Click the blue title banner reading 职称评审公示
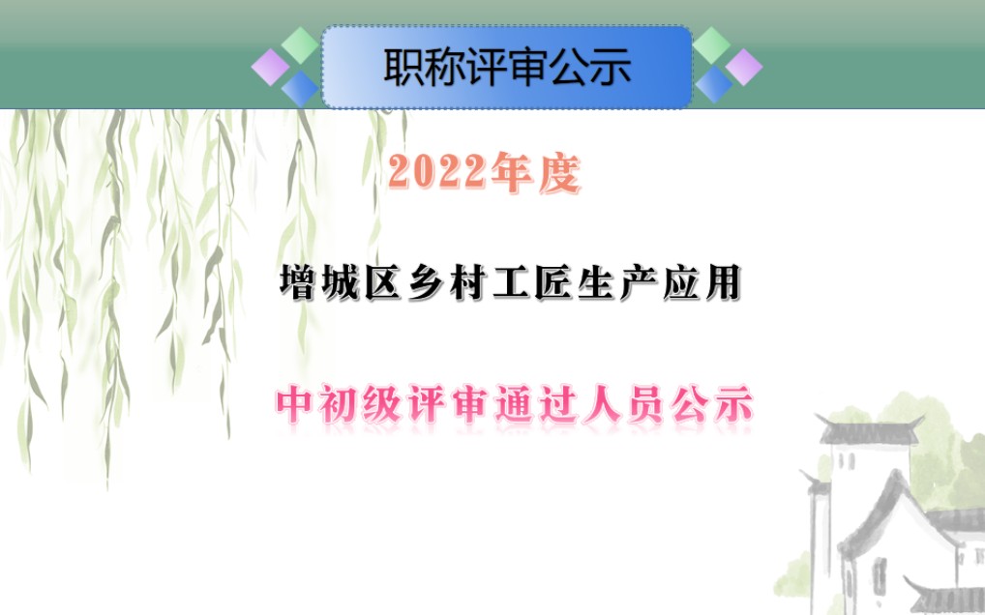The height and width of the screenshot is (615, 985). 507,67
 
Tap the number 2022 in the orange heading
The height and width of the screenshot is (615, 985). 435,173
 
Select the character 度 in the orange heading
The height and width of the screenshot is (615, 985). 558,174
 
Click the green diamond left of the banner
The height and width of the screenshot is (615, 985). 300,44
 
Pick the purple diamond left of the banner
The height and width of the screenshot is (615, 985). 270,67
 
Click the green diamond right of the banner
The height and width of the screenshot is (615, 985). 713,44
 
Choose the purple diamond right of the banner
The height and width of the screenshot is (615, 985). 743,67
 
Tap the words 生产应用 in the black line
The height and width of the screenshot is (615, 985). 658,284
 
